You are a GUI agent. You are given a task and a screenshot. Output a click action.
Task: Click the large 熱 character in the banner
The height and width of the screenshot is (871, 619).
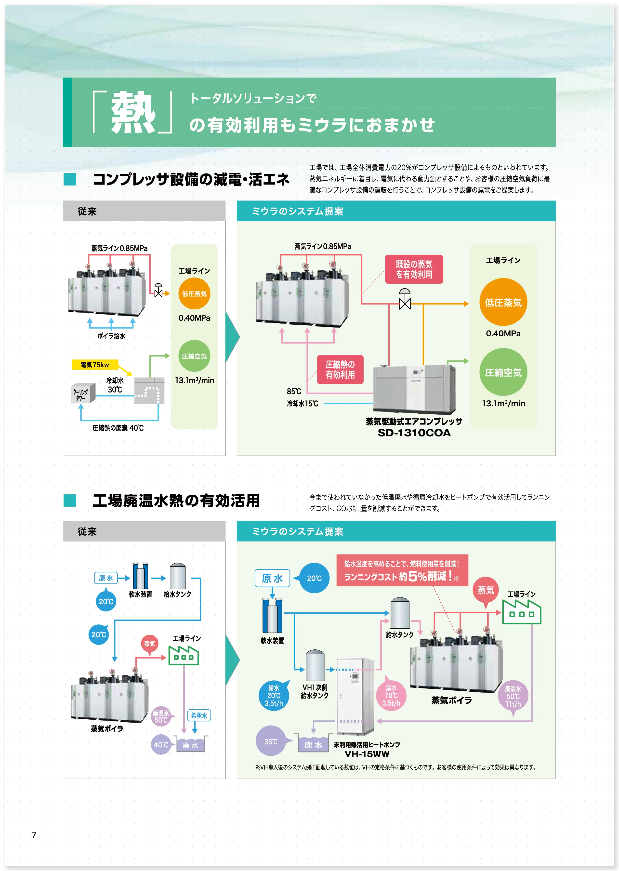coord(133,112)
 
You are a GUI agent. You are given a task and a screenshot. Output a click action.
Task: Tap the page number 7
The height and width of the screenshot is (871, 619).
coord(34,835)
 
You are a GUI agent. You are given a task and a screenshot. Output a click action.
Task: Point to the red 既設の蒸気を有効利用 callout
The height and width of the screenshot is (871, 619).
coord(414,269)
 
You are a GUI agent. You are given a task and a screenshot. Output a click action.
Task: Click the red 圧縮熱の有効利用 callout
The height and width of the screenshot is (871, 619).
coord(340,369)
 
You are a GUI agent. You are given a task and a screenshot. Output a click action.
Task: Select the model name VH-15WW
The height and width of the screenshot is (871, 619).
coord(367,754)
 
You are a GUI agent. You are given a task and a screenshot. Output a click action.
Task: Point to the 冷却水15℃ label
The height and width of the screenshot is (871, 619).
coord(303,403)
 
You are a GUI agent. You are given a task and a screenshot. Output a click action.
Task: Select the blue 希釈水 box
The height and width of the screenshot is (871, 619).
coord(199,715)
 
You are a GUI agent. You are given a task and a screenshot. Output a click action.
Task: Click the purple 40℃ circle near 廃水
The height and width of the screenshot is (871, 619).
coord(161,744)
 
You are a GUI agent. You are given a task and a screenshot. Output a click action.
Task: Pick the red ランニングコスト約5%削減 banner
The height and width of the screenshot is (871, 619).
coord(402,570)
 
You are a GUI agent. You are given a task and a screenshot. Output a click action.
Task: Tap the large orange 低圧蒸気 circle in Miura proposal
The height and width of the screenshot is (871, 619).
coord(503,302)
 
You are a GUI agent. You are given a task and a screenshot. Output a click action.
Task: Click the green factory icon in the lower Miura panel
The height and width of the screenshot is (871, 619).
coord(521,612)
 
